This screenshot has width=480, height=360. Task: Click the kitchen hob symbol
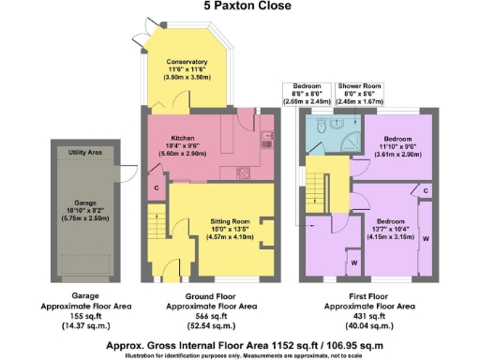pos(247,172)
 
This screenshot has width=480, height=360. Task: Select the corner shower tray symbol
pos(351,141)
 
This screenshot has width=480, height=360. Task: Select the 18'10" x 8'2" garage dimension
pos(85,187)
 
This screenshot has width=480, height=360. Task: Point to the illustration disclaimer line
pos(241,354)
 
